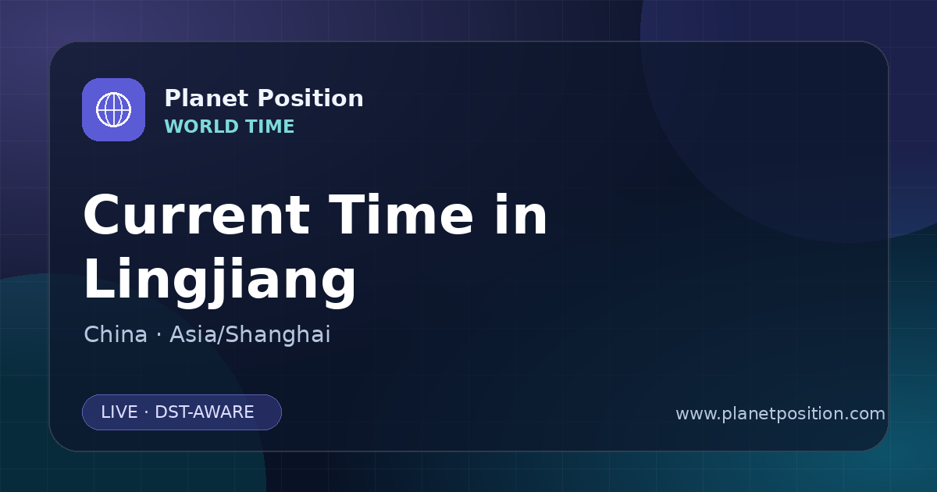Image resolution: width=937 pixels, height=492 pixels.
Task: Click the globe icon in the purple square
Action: (113, 109)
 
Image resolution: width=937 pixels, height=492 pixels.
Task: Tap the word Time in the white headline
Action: (401, 215)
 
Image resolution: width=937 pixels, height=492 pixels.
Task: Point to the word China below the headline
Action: (116, 334)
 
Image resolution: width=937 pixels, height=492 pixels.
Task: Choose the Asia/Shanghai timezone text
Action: (250, 335)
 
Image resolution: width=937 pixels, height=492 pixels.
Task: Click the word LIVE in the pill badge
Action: (119, 412)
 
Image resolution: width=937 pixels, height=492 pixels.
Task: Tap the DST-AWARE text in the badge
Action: (205, 412)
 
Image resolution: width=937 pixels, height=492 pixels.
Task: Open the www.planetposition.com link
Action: (781, 414)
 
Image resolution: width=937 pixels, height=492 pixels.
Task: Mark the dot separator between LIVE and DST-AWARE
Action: (146, 412)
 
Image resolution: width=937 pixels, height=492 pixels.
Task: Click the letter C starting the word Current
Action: (101, 215)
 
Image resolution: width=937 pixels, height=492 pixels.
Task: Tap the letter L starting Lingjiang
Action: (98, 278)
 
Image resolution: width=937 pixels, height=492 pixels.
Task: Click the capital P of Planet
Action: (173, 98)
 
